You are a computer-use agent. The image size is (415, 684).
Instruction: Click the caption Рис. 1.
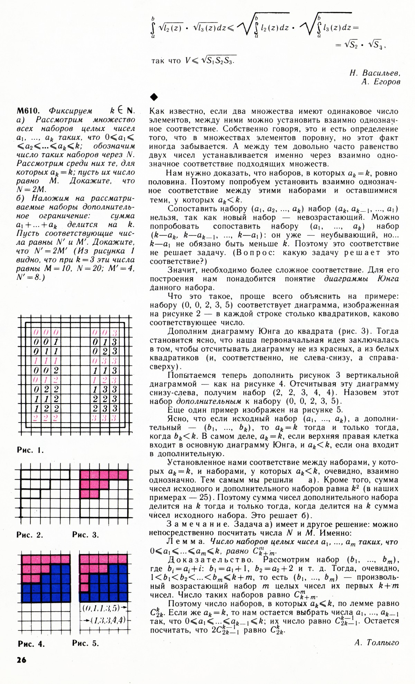point(30,450)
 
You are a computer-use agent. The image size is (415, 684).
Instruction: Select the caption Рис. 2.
point(30,535)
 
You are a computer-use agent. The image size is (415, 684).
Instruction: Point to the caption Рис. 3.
point(85,535)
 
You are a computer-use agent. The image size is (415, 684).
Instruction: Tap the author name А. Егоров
point(380,82)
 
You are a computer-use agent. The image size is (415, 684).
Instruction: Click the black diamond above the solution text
point(154,97)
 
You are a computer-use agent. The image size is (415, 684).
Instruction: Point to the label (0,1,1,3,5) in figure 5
point(101,608)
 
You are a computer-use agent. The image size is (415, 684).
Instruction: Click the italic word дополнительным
point(209,401)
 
